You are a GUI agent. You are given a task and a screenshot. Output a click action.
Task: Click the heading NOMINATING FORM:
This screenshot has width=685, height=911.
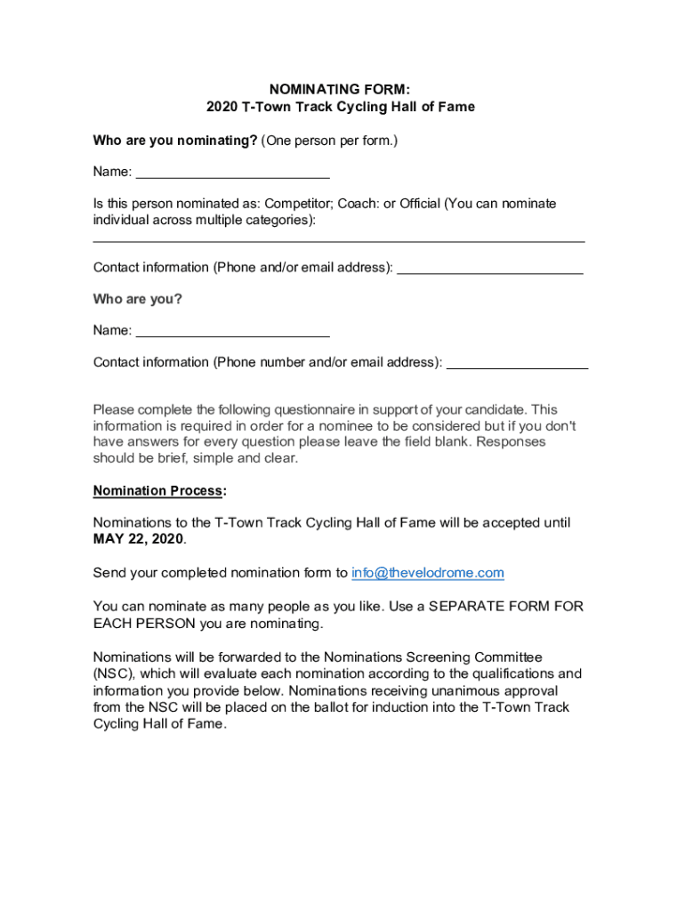(x=341, y=89)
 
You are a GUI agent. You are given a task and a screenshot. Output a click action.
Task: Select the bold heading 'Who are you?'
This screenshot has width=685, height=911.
(x=138, y=299)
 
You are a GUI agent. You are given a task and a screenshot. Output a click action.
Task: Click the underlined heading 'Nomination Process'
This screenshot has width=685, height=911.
(x=159, y=491)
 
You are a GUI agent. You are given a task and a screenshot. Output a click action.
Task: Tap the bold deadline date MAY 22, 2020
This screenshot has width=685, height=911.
(x=138, y=540)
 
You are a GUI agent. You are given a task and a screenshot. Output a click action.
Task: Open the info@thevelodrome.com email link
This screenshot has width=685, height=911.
(x=428, y=573)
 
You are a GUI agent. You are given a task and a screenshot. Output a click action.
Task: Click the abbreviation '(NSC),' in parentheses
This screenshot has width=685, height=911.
(x=115, y=673)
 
